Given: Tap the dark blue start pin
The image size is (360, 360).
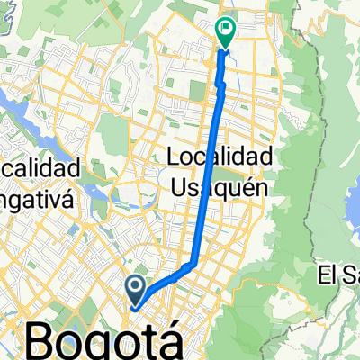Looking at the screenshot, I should tap(136, 290).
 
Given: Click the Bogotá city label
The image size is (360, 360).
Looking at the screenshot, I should tap(99, 341).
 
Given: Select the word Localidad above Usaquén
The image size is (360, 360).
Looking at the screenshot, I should tap(220, 157).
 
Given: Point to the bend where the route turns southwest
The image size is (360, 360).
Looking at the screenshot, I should tap(194, 263).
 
